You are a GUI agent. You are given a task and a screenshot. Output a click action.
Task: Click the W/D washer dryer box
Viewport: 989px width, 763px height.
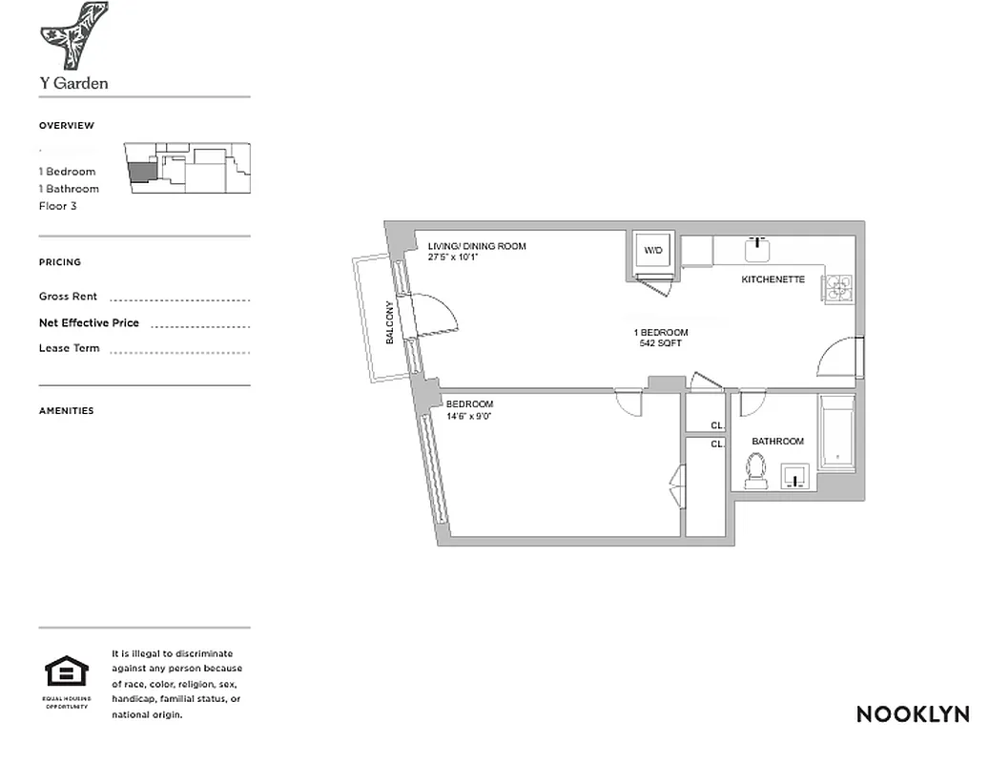pos(653,251)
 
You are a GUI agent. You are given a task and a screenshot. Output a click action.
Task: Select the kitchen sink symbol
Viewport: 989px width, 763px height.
pos(760,250)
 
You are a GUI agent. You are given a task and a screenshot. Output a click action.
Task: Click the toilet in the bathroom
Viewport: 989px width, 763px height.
pos(756,470)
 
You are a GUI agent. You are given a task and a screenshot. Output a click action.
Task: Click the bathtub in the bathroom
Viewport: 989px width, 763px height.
pos(836,433)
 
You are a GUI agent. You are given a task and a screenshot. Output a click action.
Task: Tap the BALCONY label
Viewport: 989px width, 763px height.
pos(389,323)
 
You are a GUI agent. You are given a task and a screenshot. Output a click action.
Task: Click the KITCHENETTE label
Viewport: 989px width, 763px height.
pos(773,279)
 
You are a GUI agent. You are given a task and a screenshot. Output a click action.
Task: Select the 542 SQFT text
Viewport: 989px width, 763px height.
pos(661,343)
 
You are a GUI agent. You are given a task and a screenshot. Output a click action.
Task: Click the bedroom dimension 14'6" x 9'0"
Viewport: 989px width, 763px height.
pos(469,416)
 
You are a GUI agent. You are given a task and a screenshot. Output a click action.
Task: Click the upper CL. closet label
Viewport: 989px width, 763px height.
pos(717,425)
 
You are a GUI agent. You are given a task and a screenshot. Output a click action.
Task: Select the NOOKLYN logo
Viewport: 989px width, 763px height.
pos(912,714)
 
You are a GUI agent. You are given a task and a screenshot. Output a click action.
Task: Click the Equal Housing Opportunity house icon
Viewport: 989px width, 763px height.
pos(66,671)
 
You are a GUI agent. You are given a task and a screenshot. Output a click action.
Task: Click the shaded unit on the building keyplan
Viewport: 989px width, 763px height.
pos(139,172)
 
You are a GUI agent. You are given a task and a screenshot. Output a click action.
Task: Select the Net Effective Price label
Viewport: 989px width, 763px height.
pos(89,322)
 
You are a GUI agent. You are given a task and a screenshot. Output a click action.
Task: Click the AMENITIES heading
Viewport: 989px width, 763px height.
pos(66,411)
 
